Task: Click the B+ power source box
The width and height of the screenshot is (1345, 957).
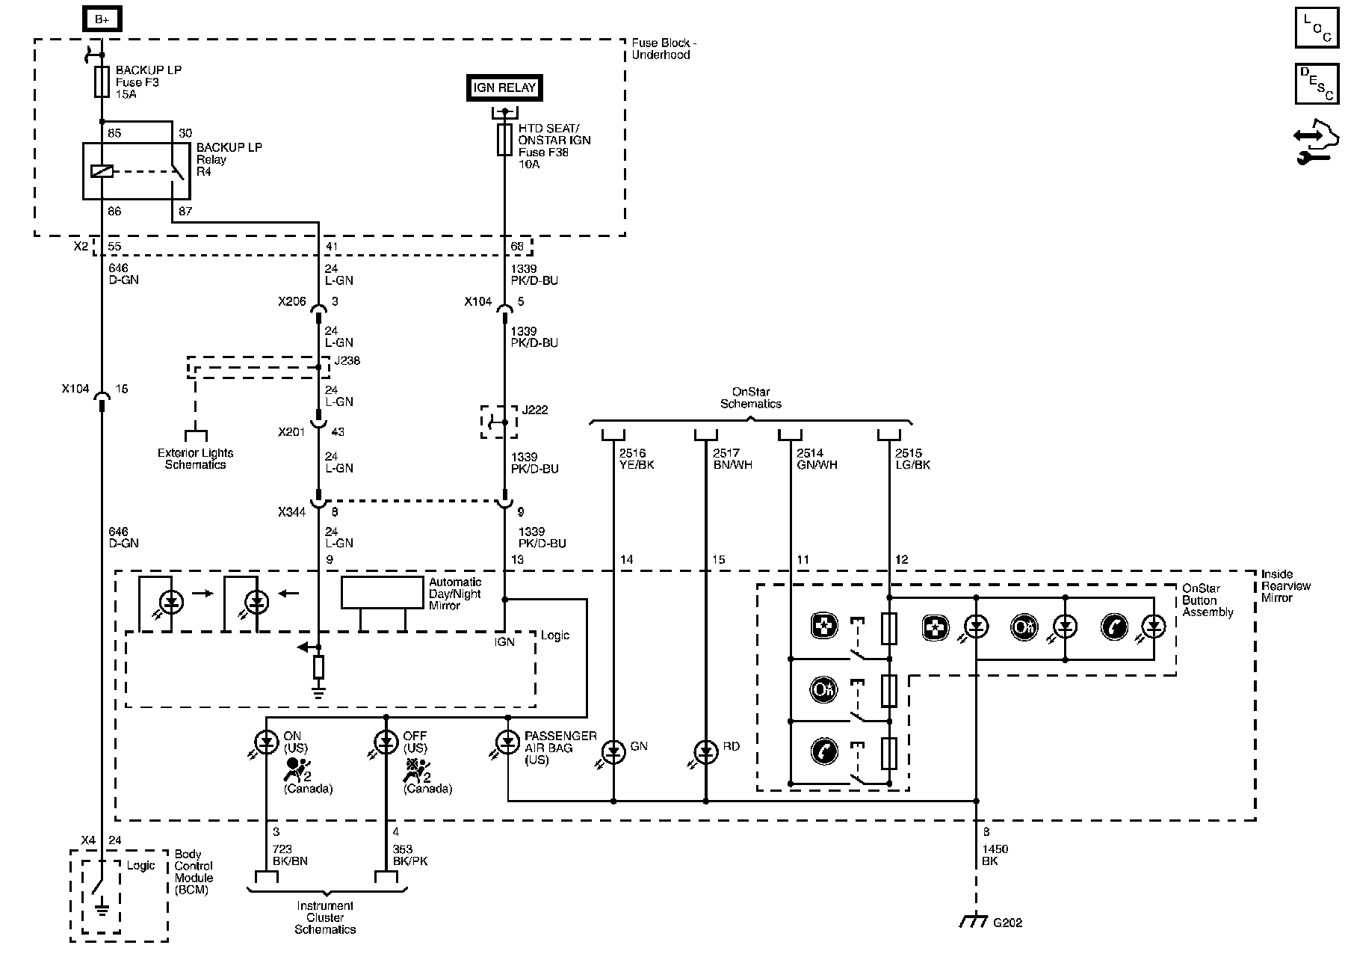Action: (x=102, y=19)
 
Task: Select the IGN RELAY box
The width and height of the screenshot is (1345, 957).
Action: (x=504, y=87)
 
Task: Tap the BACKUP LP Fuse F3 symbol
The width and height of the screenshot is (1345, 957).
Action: (x=102, y=81)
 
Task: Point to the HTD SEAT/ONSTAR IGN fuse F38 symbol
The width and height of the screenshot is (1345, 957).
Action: (x=504, y=140)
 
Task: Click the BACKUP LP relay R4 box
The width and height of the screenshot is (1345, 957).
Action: (x=126, y=170)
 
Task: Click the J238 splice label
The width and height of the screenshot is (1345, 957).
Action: (x=347, y=360)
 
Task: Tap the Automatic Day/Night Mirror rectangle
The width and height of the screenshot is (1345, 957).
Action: (x=383, y=592)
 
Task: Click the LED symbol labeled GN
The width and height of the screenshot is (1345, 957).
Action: (x=613, y=751)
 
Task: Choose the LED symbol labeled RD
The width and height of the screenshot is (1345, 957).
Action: (x=705, y=751)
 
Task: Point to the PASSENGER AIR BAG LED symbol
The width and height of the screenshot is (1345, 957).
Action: (x=507, y=742)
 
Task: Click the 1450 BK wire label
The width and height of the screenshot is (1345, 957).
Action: (x=995, y=855)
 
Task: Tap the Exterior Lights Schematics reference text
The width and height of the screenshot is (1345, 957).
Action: (x=195, y=459)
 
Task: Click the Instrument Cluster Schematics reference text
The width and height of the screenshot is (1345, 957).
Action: (x=325, y=917)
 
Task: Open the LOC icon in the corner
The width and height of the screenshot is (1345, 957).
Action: (x=1317, y=28)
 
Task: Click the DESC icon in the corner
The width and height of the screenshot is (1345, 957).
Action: (x=1317, y=83)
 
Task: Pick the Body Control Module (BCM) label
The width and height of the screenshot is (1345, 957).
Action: (x=194, y=872)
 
